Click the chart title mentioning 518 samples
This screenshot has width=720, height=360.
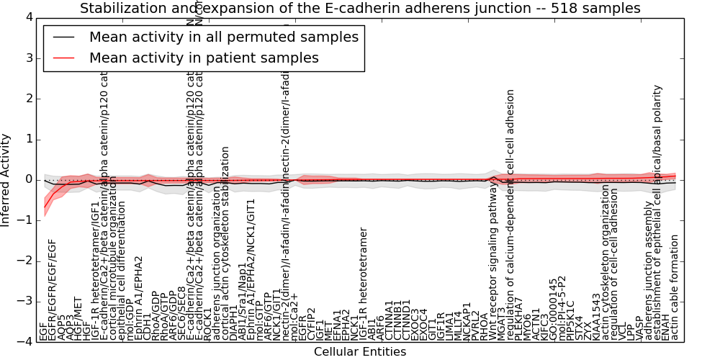[360, 9]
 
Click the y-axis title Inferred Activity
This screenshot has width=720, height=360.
[6, 179]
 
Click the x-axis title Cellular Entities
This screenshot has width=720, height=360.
[360, 351]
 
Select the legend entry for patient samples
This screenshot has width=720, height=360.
[204, 58]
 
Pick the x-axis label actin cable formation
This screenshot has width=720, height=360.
[675, 288]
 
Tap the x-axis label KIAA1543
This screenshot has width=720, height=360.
[596, 317]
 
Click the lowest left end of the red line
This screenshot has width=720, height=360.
[45, 208]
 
